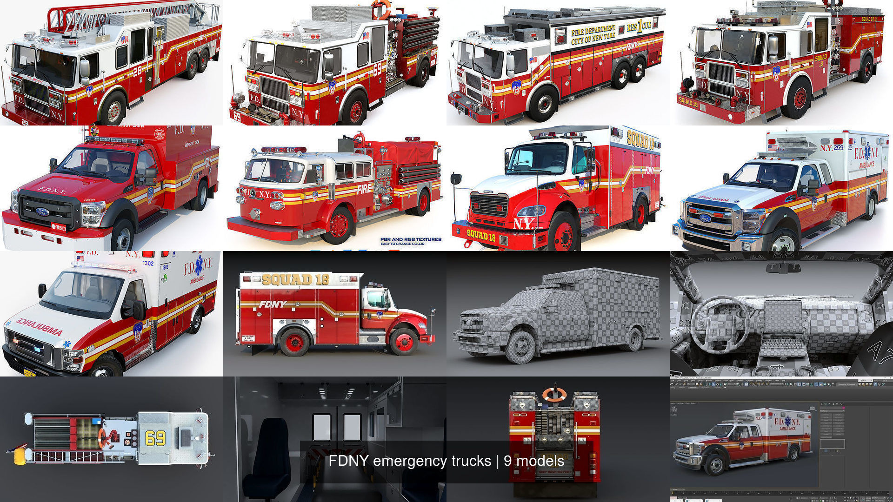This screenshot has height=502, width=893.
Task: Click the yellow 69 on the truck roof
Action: [155, 437]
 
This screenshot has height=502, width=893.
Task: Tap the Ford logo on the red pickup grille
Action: [42, 212]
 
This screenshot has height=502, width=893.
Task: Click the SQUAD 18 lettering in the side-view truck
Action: [295, 279]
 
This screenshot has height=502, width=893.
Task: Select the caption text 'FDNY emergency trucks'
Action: [410, 461]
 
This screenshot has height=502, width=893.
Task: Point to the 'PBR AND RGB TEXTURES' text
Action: [411, 239]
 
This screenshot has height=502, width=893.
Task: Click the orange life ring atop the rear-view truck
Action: [554, 395]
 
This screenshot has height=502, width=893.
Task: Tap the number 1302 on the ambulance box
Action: [148, 263]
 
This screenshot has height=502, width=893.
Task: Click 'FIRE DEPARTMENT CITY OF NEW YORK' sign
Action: [593, 35]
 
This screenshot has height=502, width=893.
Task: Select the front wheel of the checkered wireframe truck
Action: [521, 346]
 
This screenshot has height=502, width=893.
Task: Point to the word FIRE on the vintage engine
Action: [365, 190]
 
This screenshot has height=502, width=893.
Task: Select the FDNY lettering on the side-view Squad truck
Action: [273, 304]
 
